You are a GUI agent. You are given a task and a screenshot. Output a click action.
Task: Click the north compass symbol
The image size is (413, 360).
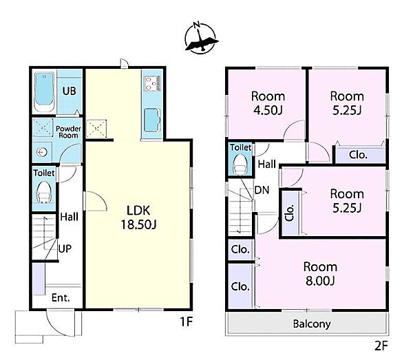(201, 38)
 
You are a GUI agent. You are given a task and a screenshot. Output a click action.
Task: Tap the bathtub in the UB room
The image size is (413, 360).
(44, 91)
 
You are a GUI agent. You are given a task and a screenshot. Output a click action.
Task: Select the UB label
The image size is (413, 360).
(70, 91)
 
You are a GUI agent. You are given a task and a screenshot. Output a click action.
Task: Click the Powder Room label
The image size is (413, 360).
(68, 132)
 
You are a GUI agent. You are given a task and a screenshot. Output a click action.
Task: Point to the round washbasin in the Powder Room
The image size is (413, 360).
(42, 152)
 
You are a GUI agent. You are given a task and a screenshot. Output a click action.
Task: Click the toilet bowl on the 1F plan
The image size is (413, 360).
(44, 193)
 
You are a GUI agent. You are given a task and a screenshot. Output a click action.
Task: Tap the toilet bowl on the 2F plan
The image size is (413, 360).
(240, 164)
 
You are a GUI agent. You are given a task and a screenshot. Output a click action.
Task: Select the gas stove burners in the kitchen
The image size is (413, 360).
(152, 83)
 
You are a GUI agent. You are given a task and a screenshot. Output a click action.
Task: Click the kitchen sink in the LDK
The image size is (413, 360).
(153, 120)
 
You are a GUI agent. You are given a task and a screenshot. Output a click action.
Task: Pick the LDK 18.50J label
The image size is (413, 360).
(138, 218)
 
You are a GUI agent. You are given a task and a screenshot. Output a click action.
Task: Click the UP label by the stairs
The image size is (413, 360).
(65, 248)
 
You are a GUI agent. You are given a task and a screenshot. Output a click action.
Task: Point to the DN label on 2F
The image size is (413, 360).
(262, 190)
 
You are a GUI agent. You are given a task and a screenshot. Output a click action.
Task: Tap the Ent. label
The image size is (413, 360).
(61, 298)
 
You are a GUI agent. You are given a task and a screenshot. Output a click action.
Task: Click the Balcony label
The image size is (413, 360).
(312, 324)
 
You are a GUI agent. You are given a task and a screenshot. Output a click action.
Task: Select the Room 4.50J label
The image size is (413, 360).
(268, 103)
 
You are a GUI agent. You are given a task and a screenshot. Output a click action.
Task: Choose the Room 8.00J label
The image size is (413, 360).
(320, 274)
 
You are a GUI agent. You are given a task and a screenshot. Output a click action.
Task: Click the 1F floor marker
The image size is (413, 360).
(187, 321)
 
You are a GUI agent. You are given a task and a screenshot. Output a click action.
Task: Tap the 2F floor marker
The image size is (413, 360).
(381, 346)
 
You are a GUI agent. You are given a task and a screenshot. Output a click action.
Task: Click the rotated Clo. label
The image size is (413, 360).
(290, 213)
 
